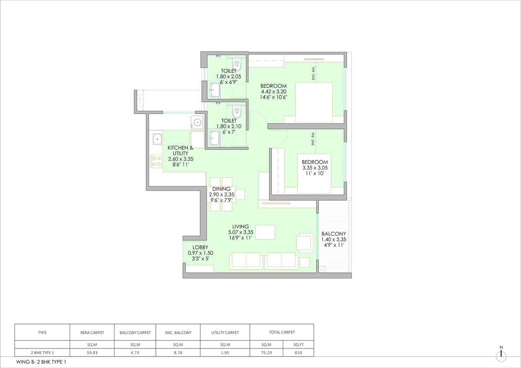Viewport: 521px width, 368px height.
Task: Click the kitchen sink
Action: [157, 139]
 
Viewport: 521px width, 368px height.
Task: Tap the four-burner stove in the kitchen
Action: [157, 161]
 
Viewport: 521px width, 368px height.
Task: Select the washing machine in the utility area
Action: [197, 122]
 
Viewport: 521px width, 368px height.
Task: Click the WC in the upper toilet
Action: [236, 64]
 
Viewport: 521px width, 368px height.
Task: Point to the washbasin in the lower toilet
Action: [215, 138]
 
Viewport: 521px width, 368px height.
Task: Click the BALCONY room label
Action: [333, 234]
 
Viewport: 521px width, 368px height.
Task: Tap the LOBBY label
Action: [200, 247]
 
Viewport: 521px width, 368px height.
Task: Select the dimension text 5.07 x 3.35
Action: [241, 232]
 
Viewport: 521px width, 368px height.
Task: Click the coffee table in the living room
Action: [265, 232]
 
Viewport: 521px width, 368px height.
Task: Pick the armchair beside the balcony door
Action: [304, 243]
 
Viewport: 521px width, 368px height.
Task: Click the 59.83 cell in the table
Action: [92, 353]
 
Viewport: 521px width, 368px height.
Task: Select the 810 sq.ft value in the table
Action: [298, 353]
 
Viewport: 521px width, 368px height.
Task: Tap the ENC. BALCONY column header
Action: [178, 333]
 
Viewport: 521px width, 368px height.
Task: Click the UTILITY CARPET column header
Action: [225, 333]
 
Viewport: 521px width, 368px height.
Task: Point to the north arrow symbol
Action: [501, 355]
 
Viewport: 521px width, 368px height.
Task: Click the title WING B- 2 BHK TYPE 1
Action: [41, 361]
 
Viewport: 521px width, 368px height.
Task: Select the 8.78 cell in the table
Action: [178, 353]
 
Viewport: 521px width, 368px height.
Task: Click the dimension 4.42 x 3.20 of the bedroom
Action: [274, 92]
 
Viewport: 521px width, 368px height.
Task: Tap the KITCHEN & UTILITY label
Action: [177, 151]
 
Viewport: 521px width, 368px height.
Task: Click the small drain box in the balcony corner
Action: [322, 269]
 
